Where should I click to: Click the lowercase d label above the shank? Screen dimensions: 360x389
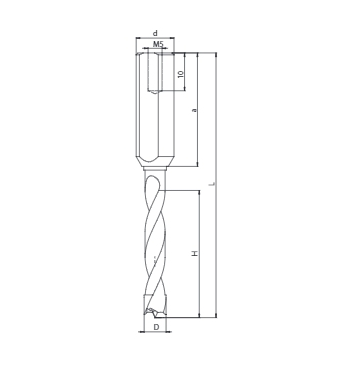pyautogui.click(x=155, y=33)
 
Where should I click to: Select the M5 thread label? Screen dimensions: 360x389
pyautogui.click(x=158, y=44)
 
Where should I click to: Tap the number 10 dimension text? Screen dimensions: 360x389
pyautogui.click(x=181, y=74)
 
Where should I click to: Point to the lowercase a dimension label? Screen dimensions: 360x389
pyautogui.click(x=195, y=110)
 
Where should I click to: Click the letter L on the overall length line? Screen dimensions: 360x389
pyautogui.click(x=214, y=184)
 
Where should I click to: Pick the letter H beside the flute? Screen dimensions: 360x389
pyautogui.click(x=195, y=254)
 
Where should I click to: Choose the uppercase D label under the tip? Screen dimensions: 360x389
pyautogui.click(x=156, y=327)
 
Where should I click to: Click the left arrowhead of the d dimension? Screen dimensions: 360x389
pyautogui.click(x=138, y=38)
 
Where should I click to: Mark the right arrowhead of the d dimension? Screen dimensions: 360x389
pyautogui.click(x=172, y=38)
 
